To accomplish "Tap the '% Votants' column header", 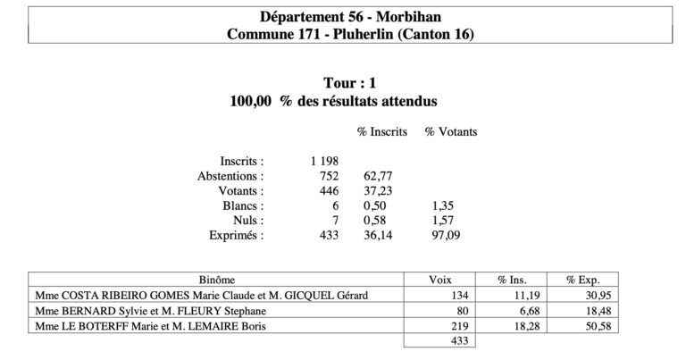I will point(450,131).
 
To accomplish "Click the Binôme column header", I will point(217,279).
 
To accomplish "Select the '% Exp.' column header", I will point(571,279).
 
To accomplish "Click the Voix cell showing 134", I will point(459,295).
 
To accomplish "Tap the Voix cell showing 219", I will point(459,325).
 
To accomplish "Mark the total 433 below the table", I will point(459,340).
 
